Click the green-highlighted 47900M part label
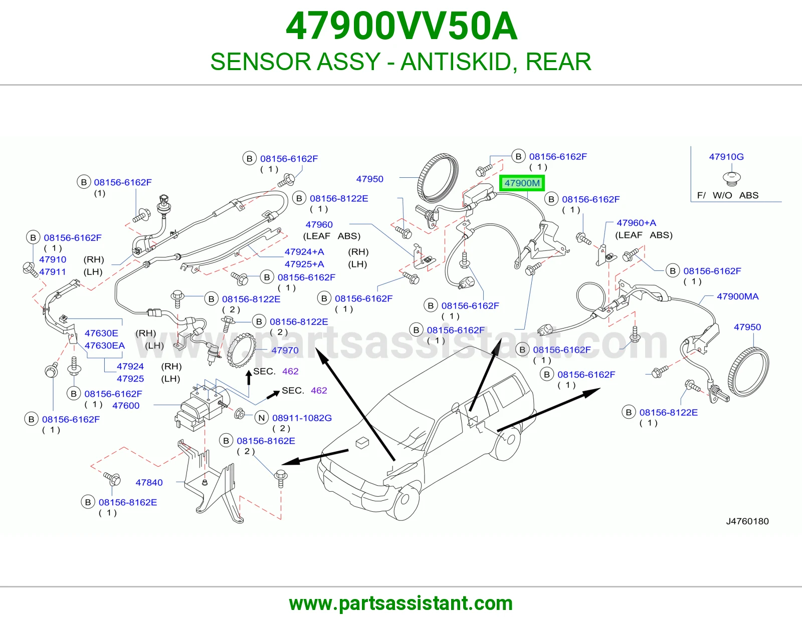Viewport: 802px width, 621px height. [521, 183]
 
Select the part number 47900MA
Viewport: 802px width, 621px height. [737, 296]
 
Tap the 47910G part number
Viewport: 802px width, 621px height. [726, 157]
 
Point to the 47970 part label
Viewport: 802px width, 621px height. [285, 350]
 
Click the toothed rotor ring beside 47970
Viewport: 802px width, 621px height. [242, 349]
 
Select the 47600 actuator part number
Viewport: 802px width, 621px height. [126, 406]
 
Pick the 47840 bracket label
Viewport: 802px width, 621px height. [149, 482]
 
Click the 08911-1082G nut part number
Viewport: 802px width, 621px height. [302, 418]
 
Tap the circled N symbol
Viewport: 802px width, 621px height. [262, 418]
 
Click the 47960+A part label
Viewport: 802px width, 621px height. [636, 223]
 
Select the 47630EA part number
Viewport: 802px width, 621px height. [105, 346]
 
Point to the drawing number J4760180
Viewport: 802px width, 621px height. [747, 521]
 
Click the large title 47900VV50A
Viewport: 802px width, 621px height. [401, 26]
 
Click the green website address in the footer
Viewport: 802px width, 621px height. [401, 603]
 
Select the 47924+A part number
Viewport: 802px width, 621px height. [304, 252]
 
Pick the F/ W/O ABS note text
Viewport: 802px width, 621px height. [727, 195]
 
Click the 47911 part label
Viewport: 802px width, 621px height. [53, 272]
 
